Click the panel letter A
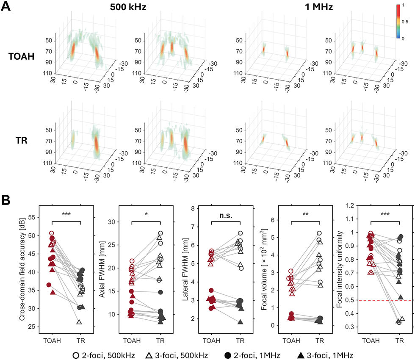(x=6, y=6)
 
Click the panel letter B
(x=6, y=200)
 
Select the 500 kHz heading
(x=128, y=7)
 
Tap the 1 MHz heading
(x=318, y=7)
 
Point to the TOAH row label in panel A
(x=22, y=56)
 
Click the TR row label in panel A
(x=22, y=140)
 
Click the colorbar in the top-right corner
(x=398, y=22)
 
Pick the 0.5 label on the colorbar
(x=405, y=22)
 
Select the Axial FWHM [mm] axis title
(x=102, y=269)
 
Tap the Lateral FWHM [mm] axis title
(x=185, y=269)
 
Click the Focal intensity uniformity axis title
(x=340, y=269)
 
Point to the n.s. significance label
(x=226, y=216)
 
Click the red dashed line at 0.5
(x=386, y=300)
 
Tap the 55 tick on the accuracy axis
(x=32, y=217)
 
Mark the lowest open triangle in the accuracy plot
(x=79, y=322)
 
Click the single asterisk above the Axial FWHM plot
(x=146, y=214)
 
